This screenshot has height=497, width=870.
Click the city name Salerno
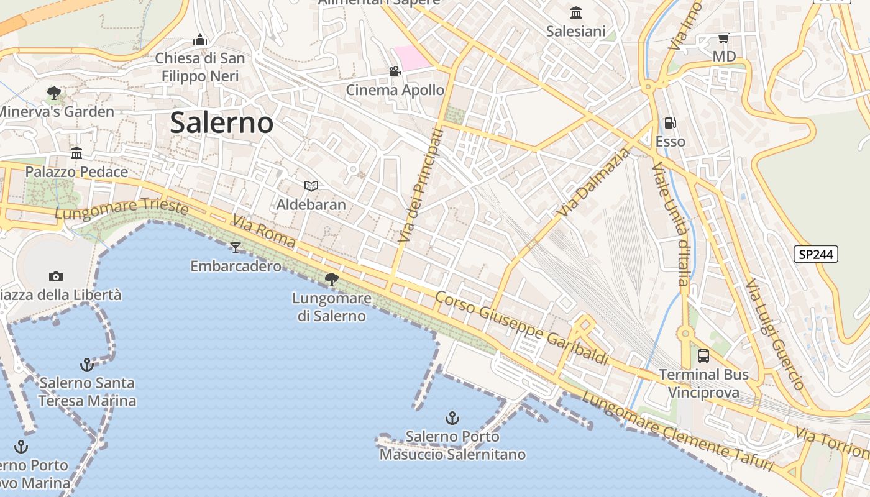[x=221, y=122]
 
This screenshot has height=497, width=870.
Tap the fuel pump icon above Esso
[x=670, y=123]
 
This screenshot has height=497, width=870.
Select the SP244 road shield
[x=816, y=254]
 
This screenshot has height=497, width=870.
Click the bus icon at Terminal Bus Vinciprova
[x=703, y=356]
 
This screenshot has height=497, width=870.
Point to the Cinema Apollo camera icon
[x=395, y=71]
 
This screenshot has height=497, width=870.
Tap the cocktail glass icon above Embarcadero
[x=236, y=248]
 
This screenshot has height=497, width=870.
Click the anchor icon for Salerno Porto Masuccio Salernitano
[x=452, y=418]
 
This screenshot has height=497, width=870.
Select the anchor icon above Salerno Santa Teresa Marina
[x=87, y=364]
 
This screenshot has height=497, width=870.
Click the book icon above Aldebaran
[x=311, y=186]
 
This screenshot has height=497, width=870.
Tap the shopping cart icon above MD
[x=723, y=39]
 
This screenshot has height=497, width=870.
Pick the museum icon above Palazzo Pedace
[x=76, y=153]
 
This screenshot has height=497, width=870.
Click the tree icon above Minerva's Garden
[x=54, y=93]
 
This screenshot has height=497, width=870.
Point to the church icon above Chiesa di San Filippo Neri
[x=199, y=40]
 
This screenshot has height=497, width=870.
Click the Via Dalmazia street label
[x=593, y=181]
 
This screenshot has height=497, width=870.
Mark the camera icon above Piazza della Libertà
[x=56, y=276]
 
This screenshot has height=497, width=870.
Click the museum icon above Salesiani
[x=575, y=12]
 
